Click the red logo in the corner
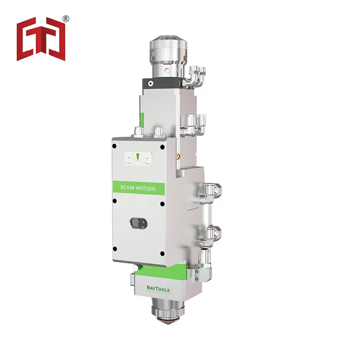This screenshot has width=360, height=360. (41, 40)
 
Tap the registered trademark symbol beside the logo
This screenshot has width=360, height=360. (66, 18)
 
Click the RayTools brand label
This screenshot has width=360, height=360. (158, 290)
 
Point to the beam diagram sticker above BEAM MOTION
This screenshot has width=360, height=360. (138, 158)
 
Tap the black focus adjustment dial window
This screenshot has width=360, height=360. (136, 223)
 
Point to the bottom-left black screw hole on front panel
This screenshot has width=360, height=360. (116, 249)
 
